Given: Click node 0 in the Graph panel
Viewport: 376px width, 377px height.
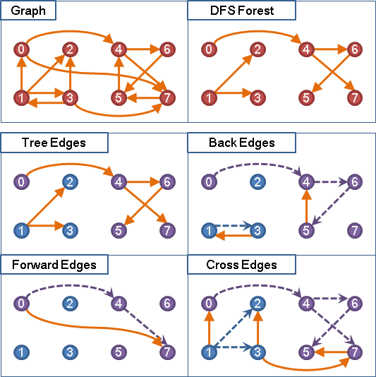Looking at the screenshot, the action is click(21, 49).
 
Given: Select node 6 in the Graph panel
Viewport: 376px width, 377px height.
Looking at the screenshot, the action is click(167, 49).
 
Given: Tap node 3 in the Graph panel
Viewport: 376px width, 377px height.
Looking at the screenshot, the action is click(70, 98).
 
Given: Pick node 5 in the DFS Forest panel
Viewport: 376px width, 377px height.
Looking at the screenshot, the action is click(306, 98).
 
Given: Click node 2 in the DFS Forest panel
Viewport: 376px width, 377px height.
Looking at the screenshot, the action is click(257, 49).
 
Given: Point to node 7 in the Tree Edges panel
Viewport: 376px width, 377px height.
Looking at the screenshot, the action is click(167, 230).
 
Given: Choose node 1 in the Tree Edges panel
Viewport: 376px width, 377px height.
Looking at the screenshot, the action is click(21, 230).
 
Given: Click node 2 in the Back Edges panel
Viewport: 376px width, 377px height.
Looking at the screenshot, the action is click(257, 181).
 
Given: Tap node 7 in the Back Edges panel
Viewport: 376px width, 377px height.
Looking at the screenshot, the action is click(355, 230).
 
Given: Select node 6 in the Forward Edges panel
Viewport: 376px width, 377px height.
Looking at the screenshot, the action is click(167, 304).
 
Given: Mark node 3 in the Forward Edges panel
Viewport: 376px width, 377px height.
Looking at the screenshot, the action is click(70, 352).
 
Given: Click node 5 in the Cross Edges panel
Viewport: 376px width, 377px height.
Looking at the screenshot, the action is click(306, 352).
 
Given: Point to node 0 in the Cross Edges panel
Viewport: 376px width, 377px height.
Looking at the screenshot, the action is click(209, 304).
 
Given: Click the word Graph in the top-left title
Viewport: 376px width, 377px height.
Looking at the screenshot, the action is click(28, 11).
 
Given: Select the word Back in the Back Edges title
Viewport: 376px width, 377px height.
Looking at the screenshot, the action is click(223, 143).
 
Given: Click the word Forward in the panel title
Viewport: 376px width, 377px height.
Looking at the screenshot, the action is click(35, 265).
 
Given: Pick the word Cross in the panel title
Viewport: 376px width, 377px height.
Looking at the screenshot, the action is click(222, 265).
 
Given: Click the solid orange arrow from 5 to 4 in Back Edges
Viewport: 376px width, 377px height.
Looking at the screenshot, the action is click(306, 206).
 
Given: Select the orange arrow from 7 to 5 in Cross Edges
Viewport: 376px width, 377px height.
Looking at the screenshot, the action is click(331, 352).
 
